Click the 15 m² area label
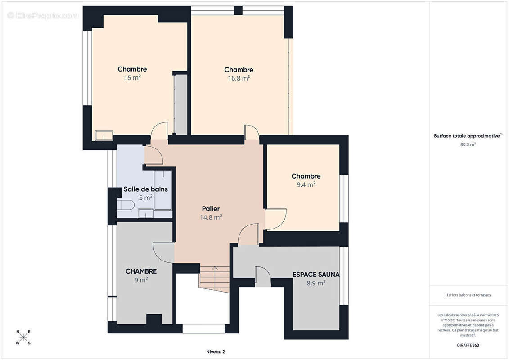[132, 78]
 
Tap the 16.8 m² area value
[239, 78]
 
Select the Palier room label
[211, 209]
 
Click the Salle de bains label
[145, 189]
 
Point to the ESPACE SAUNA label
[316, 274]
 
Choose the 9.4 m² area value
[306, 184]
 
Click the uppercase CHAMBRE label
[141, 271]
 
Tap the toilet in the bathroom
[126, 205]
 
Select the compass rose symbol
[23, 337]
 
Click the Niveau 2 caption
[216, 352]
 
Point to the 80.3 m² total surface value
[468, 144]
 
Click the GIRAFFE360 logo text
[468, 345]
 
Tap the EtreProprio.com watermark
[43, 15]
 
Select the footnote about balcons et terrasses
[468, 295]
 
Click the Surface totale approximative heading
[468, 136]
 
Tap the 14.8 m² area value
[211, 217]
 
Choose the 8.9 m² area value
[316, 283]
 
